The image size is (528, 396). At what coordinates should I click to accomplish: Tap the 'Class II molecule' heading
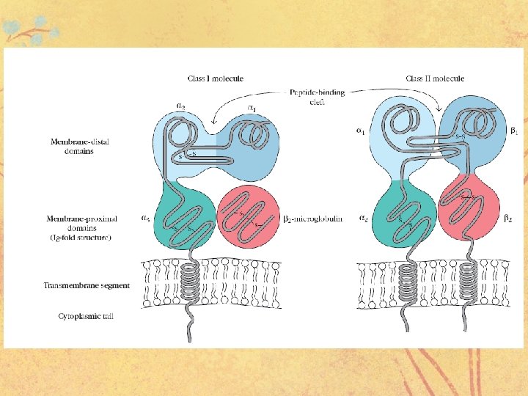click(x=435, y=78)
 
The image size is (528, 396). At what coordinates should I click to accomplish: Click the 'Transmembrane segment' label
click(x=87, y=285)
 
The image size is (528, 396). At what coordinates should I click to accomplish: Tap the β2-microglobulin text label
click(x=312, y=218)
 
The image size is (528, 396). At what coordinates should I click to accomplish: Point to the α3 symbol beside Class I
click(x=145, y=218)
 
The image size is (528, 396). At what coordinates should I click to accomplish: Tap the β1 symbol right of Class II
click(x=514, y=131)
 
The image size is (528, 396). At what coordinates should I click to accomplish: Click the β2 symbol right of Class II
click(x=508, y=218)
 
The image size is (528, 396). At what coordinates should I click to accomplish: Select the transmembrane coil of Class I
click(x=191, y=282)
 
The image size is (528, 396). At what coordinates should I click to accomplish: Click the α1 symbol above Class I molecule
click(x=252, y=108)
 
